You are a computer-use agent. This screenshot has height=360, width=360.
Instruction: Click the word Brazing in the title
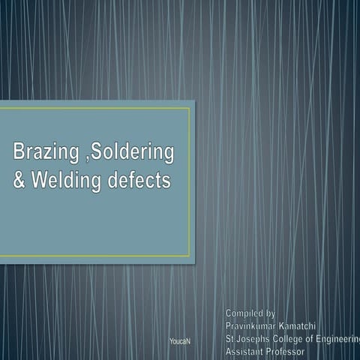tap(42, 154)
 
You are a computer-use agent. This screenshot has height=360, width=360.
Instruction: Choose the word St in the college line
tap(229, 338)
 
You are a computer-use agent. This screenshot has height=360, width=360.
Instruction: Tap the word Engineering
tap(342, 338)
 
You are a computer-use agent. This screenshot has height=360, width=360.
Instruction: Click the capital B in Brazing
tap(19, 154)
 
